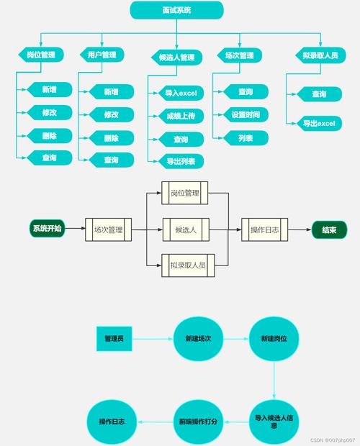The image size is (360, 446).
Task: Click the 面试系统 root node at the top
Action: (x=176, y=10)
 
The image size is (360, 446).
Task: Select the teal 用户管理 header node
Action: (x=102, y=55)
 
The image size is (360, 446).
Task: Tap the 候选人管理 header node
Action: (x=177, y=57)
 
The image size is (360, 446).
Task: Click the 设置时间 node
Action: (x=245, y=114)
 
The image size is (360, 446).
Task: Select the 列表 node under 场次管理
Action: (x=245, y=137)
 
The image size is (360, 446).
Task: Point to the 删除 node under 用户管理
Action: (x=110, y=138)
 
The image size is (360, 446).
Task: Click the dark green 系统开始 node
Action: (x=47, y=229)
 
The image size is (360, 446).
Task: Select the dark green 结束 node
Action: (x=329, y=230)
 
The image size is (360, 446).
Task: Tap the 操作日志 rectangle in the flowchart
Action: (x=264, y=230)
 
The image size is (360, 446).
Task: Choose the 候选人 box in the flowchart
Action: (x=185, y=230)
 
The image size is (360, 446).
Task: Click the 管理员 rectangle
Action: (x=114, y=338)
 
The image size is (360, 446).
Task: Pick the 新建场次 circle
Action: (x=198, y=339)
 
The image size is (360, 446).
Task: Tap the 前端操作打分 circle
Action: (x=198, y=421)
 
